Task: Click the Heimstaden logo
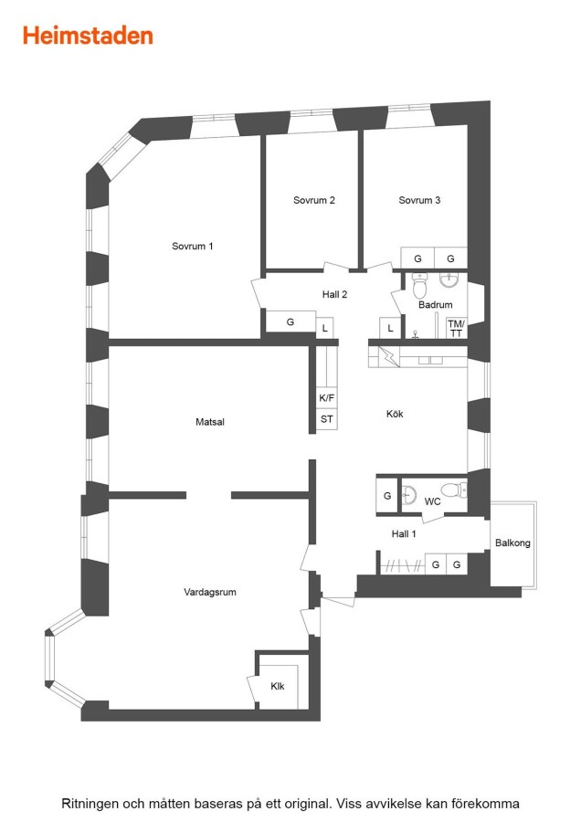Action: coord(88,36)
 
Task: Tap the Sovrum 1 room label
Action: coord(193,246)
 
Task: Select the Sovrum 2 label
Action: coord(313,200)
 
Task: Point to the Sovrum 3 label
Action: coord(419,200)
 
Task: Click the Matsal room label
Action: coord(210,421)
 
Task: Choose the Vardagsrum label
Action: coord(210,592)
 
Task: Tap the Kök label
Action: coord(395,414)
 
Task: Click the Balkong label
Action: coord(512,543)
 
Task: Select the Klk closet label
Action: coord(278,686)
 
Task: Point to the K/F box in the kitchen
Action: coord(327,398)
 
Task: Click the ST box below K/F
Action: coord(327,419)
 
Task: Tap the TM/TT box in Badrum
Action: coord(456,329)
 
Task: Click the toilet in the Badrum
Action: coord(420,285)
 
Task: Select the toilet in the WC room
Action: coord(454,490)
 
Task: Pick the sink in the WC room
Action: coord(409,494)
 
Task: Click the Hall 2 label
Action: coord(334,294)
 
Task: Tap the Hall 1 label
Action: coord(404,533)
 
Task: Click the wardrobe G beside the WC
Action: coord(387,495)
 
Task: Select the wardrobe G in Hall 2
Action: coord(290,321)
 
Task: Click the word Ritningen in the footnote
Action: coord(90,803)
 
